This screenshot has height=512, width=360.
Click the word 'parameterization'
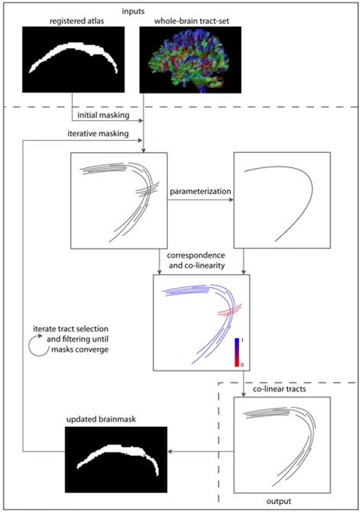(x=200, y=192)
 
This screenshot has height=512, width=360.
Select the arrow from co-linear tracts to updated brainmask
(x=201, y=452)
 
